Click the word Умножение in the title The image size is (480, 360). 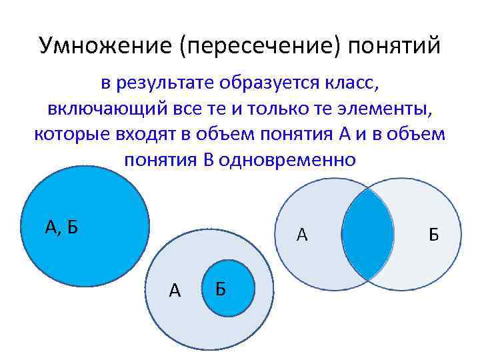pyautogui.click(x=106, y=47)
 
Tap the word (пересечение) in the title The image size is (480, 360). pyautogui.click(x=263, y=47)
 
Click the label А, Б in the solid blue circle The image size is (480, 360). pyautogui.click(x=61, y=227)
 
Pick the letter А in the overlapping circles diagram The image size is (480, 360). pyautogui.click(x=302, y=235)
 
